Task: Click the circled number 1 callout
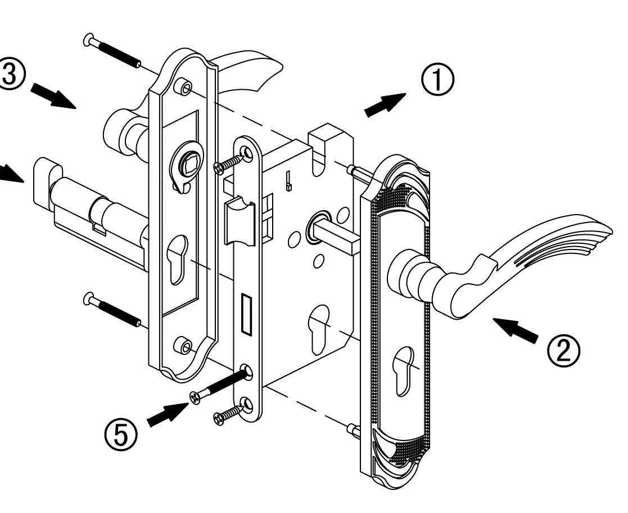[438, 80]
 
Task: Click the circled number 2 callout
[564, 349]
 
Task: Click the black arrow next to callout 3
[53, 96]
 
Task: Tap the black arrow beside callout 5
[168, 415]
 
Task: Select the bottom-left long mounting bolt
[112, 310]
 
